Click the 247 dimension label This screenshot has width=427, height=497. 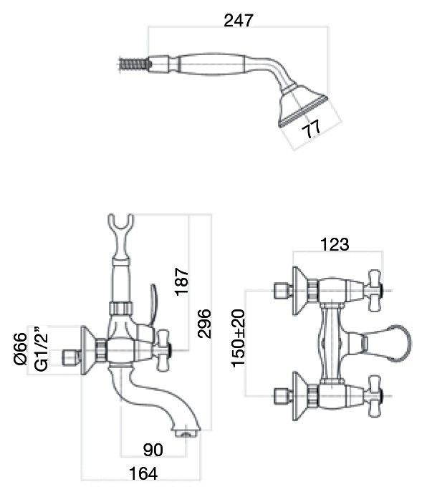coord(239,21)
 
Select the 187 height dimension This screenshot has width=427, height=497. coord(182,281)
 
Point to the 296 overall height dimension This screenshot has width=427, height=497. coord(204,324)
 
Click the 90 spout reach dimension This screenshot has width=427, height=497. coord(153,450)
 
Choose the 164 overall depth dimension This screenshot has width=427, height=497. coord(143,474)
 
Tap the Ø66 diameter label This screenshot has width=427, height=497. coord(21,349)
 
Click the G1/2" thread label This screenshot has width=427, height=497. coord(42,348)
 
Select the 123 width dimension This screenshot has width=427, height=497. coord(335,244)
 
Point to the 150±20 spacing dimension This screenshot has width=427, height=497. coord(239,338)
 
